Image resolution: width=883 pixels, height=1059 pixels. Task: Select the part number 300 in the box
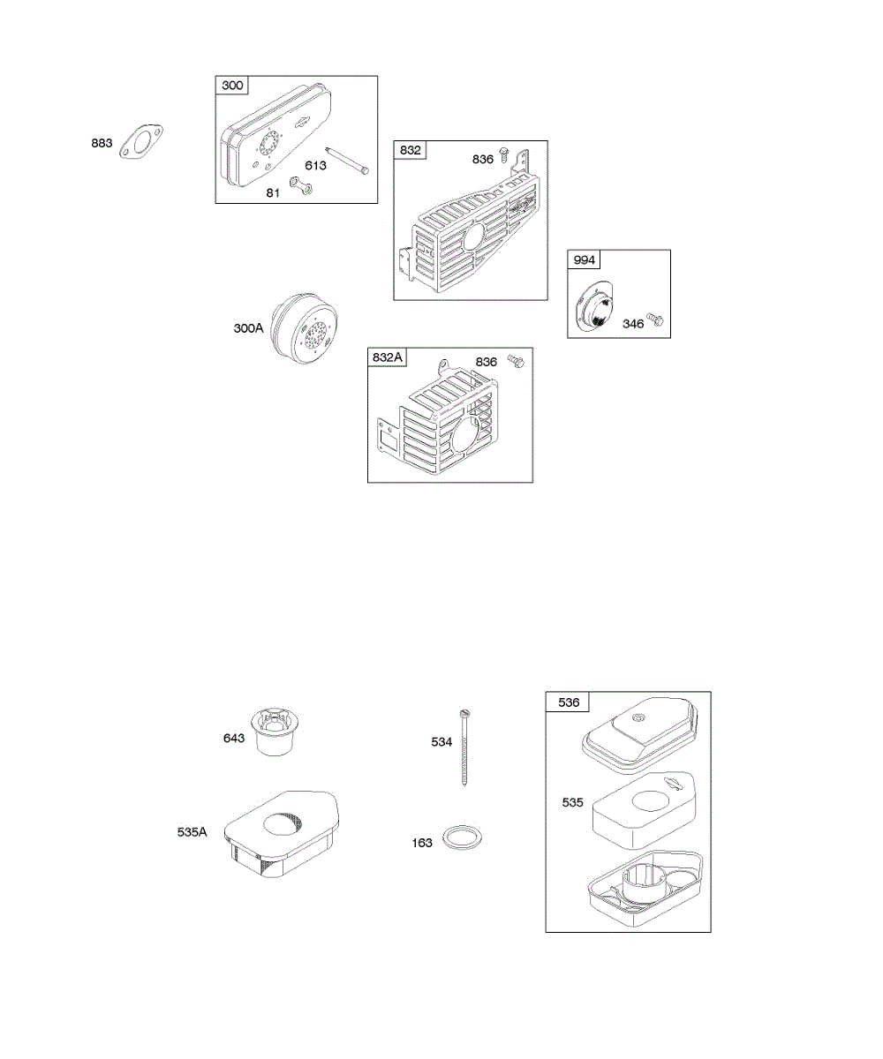pyautogui.click(x=233, y=86)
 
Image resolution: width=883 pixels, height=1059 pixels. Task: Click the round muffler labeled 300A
pyautogui.click(x=306, y=327)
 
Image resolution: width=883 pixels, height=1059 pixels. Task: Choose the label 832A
pyautogui.click(x=389, y=357)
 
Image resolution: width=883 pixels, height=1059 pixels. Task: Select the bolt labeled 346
pyautogui.click(x=654, y=319)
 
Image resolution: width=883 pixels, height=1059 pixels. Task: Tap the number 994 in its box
pyautogui.click(x=584, y=259)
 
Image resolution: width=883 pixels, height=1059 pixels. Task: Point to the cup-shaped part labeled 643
pyautogui.click(x=275, y=732)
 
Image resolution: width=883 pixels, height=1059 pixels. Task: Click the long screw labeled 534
pyautogui.click(x=464, y=747)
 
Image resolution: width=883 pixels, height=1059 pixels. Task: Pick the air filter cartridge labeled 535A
pyautogui.click(x=283, y=833)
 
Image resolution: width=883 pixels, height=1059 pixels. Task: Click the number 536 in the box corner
pyautogui.click(x=569, y=702)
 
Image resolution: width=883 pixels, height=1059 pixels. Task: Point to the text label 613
pyautogui.click(x=316, y=165)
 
